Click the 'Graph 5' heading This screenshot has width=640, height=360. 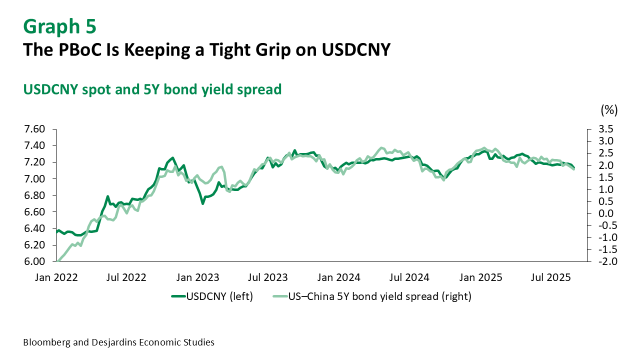coord(59,26)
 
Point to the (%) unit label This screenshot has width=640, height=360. coord(609,109)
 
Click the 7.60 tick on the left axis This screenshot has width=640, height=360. coord(34,129)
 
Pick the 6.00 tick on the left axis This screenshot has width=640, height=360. coord(34,261)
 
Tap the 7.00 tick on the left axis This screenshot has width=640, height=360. coord(34,179)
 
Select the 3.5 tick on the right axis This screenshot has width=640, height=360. coord(600,129)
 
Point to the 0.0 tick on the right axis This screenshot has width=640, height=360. coord(600,213)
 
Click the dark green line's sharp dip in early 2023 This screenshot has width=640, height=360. coord(202,203)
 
